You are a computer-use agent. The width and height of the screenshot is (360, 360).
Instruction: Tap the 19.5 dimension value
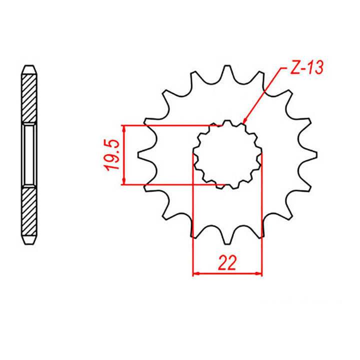click(x=112, y=154)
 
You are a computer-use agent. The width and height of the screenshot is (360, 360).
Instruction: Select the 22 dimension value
click(x=227, y=262)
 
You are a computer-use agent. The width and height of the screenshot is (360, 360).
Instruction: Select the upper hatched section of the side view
click(x=29, y=97)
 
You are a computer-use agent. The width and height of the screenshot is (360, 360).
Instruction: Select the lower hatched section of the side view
click(x=29, y=212)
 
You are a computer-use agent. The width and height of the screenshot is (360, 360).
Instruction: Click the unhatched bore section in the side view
click(x=29, y=155)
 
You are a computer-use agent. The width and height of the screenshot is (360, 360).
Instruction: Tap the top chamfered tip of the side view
click(x=29, y=69)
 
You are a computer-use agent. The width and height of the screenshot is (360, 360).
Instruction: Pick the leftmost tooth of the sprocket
click(x=145, y=154)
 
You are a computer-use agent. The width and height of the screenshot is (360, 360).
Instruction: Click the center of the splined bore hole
click(x=228, y=155)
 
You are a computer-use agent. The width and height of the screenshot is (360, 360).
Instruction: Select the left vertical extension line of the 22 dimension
click(x=193, y=215)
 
